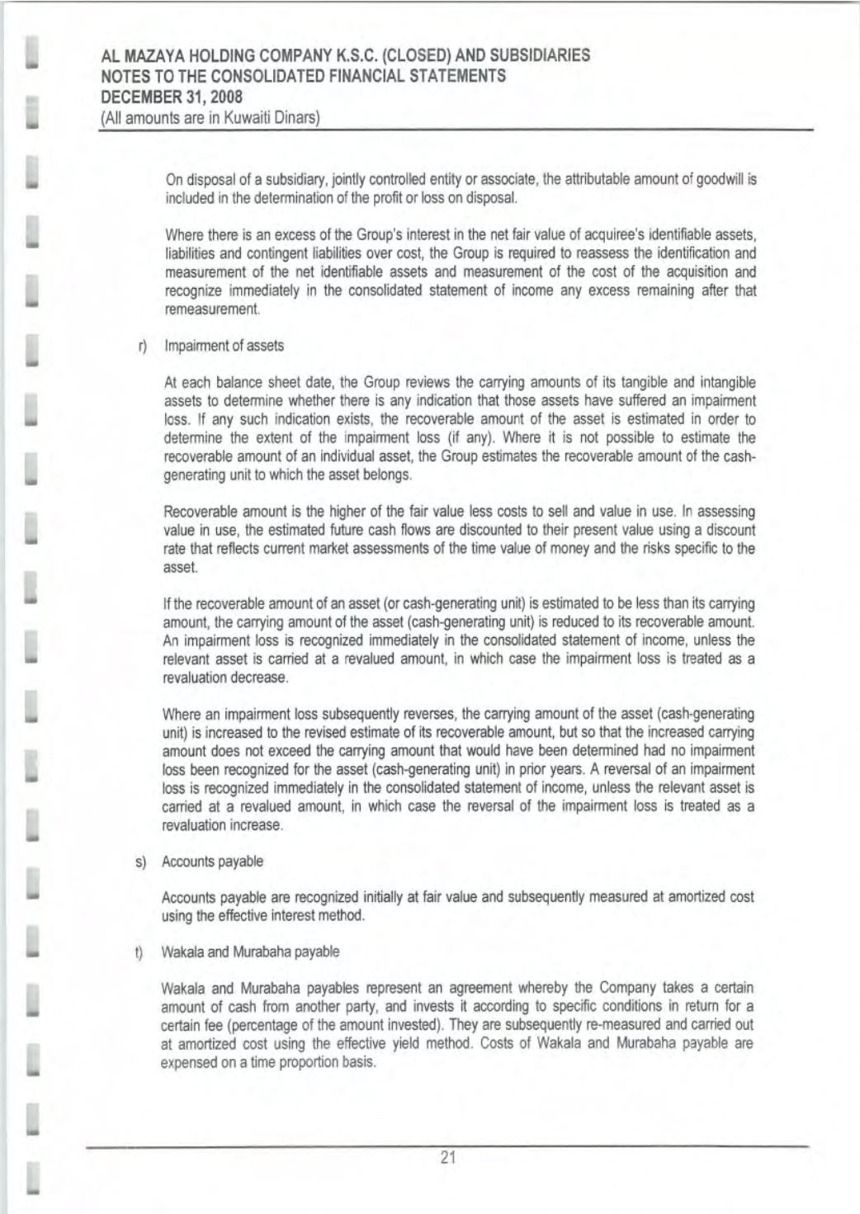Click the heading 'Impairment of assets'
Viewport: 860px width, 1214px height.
coord(224,347)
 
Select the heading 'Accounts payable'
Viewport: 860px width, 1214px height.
coord(213,862)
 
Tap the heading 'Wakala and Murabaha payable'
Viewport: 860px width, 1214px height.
coord(251,952)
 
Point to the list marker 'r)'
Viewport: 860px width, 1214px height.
coord(142,347)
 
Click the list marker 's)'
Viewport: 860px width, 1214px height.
coord(140,862)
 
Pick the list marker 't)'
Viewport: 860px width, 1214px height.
coord(140,952)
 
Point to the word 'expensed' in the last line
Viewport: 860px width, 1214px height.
coord(191,1062)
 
